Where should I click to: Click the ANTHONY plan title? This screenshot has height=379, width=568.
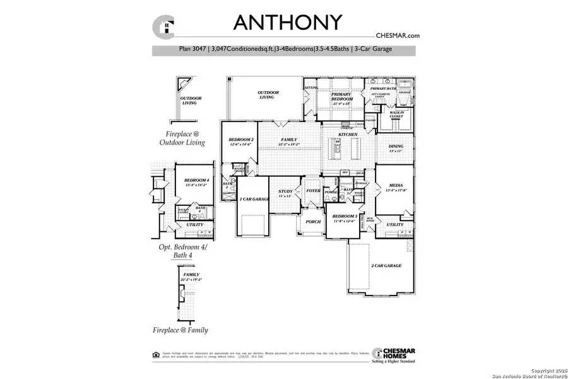click(288, 22)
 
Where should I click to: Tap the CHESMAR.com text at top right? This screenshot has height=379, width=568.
click(397, 36)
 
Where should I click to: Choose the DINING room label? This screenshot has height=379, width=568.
click(396, 147)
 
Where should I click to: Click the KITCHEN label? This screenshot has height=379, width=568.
click(348, 135)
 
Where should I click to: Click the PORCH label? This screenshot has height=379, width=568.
click(313, 222)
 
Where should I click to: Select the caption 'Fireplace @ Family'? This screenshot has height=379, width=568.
click(180, 330)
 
